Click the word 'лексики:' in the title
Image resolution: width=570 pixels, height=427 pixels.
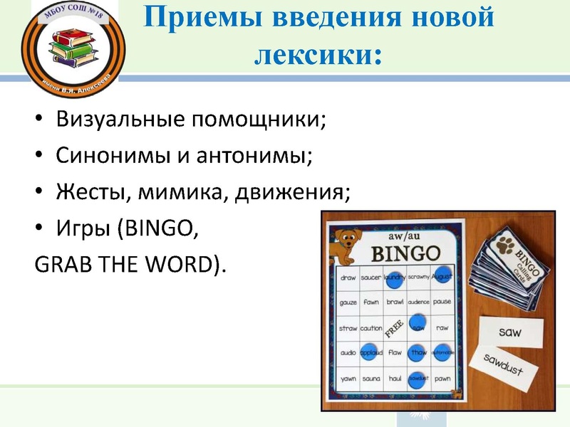[x=317, y=53]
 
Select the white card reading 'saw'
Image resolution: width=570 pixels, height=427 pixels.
[x=510, y=332]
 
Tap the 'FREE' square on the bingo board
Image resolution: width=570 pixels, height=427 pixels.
[x=395, y=327]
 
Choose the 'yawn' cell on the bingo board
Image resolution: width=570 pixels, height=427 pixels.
[x=348, y=378]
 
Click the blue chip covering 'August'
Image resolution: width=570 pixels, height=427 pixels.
[x=442, y=278]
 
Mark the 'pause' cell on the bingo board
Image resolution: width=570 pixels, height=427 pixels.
[x=442, y=302]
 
